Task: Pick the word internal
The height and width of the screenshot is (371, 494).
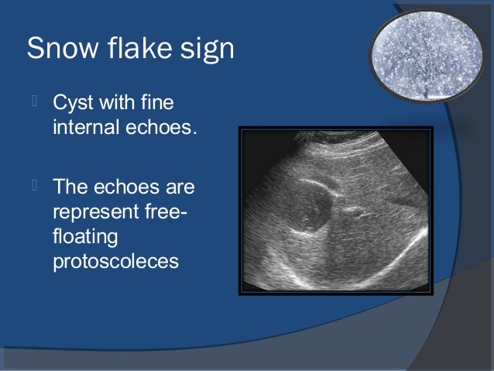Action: pyautogui.click(x=86, y=126)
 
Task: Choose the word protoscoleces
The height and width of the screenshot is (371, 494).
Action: pyautogui.click(x=115, y=261)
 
